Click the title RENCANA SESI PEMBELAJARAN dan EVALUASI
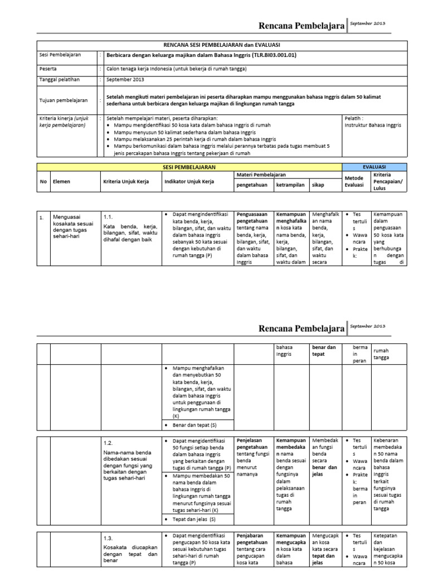coord(221,45)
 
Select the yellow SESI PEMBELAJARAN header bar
coord(188,167)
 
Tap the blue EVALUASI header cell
coord(373,167)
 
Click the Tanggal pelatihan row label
coord(60,80)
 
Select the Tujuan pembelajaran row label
coord(64,100)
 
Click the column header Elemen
coord(61,182)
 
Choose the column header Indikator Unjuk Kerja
coord(189,182)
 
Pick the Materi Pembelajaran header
coord(259,175)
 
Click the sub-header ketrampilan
coord(290,185)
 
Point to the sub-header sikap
coord(318,185)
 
